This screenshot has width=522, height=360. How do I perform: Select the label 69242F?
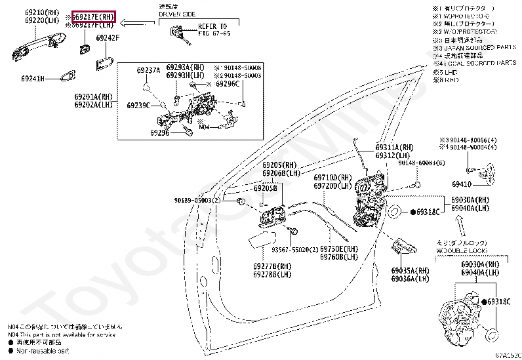[108, 38]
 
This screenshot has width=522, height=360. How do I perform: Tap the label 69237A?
[148, 70]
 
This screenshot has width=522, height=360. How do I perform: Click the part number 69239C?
[138, 105]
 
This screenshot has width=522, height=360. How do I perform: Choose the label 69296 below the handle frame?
[159, 132]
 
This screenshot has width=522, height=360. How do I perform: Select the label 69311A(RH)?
[395, 148]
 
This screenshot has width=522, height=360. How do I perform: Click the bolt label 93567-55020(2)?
[296, 250]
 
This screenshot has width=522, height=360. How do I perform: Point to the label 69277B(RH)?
[272, 266]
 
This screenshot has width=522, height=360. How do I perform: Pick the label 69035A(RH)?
[411, 271]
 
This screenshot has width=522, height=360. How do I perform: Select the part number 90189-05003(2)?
[197, 200]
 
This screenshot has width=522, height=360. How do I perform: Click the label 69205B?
[266, 188]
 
